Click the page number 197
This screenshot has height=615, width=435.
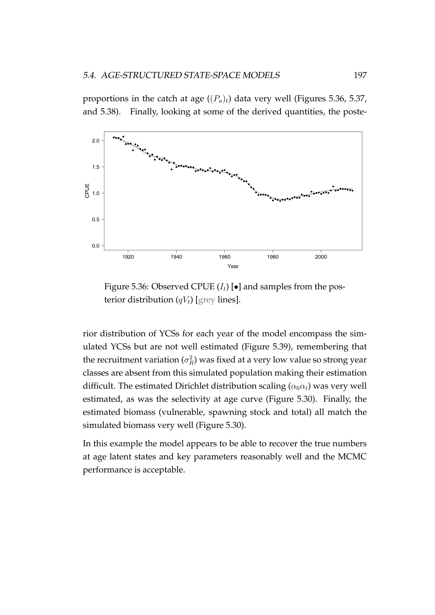pos(360,76)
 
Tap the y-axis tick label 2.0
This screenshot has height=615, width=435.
pos(96,141)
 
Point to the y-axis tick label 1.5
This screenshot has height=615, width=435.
pos(96,167)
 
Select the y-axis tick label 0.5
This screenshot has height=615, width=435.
pos(96,220)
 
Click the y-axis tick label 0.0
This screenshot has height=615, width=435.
pos(96,246)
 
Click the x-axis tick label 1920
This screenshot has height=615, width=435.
pos(128,257)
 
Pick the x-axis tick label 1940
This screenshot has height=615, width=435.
pos(176,257)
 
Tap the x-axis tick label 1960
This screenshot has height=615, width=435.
pos(225,257)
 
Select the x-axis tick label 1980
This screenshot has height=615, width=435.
pos(273,257)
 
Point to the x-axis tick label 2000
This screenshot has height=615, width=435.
pos(321,257)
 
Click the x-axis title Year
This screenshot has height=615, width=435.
pos(233,267)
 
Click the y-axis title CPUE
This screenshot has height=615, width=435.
pos(87,191)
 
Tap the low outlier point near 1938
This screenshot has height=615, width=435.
pos(171,169)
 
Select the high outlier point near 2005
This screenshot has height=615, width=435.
pos(333,186)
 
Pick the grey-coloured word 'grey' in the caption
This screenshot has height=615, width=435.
pos(206,300)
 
